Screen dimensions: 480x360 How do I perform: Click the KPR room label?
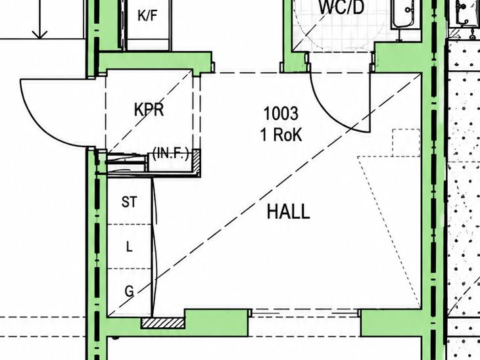tap(149, 110)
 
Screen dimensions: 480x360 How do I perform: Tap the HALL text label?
tap(289, 212)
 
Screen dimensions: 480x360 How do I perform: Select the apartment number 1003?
tap(281, 113)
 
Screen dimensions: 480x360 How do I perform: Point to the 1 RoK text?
tap(281, 134)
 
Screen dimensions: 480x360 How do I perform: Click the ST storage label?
tap(129, 202)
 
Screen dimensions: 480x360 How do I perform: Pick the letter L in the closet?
tap(130, 246)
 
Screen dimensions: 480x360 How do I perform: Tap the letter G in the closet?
tap(130, 291)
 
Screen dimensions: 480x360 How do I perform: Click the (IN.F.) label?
tap(170, 154)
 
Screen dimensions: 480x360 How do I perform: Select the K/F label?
tap(147, 15)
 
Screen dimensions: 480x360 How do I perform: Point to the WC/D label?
tap(342, 7)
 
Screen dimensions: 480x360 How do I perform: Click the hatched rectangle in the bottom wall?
tap(162, 323)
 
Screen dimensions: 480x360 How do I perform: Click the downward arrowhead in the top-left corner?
tap(40, 35)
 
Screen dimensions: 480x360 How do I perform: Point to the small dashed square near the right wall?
tap(406, 143)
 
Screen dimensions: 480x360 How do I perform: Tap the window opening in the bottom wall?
tap(305, 313)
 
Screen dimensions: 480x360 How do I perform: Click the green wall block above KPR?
tap(155, 61)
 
